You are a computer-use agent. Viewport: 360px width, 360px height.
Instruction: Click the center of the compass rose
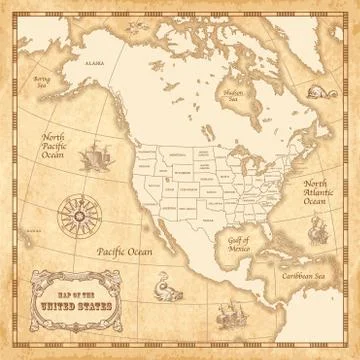[73, 215]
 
